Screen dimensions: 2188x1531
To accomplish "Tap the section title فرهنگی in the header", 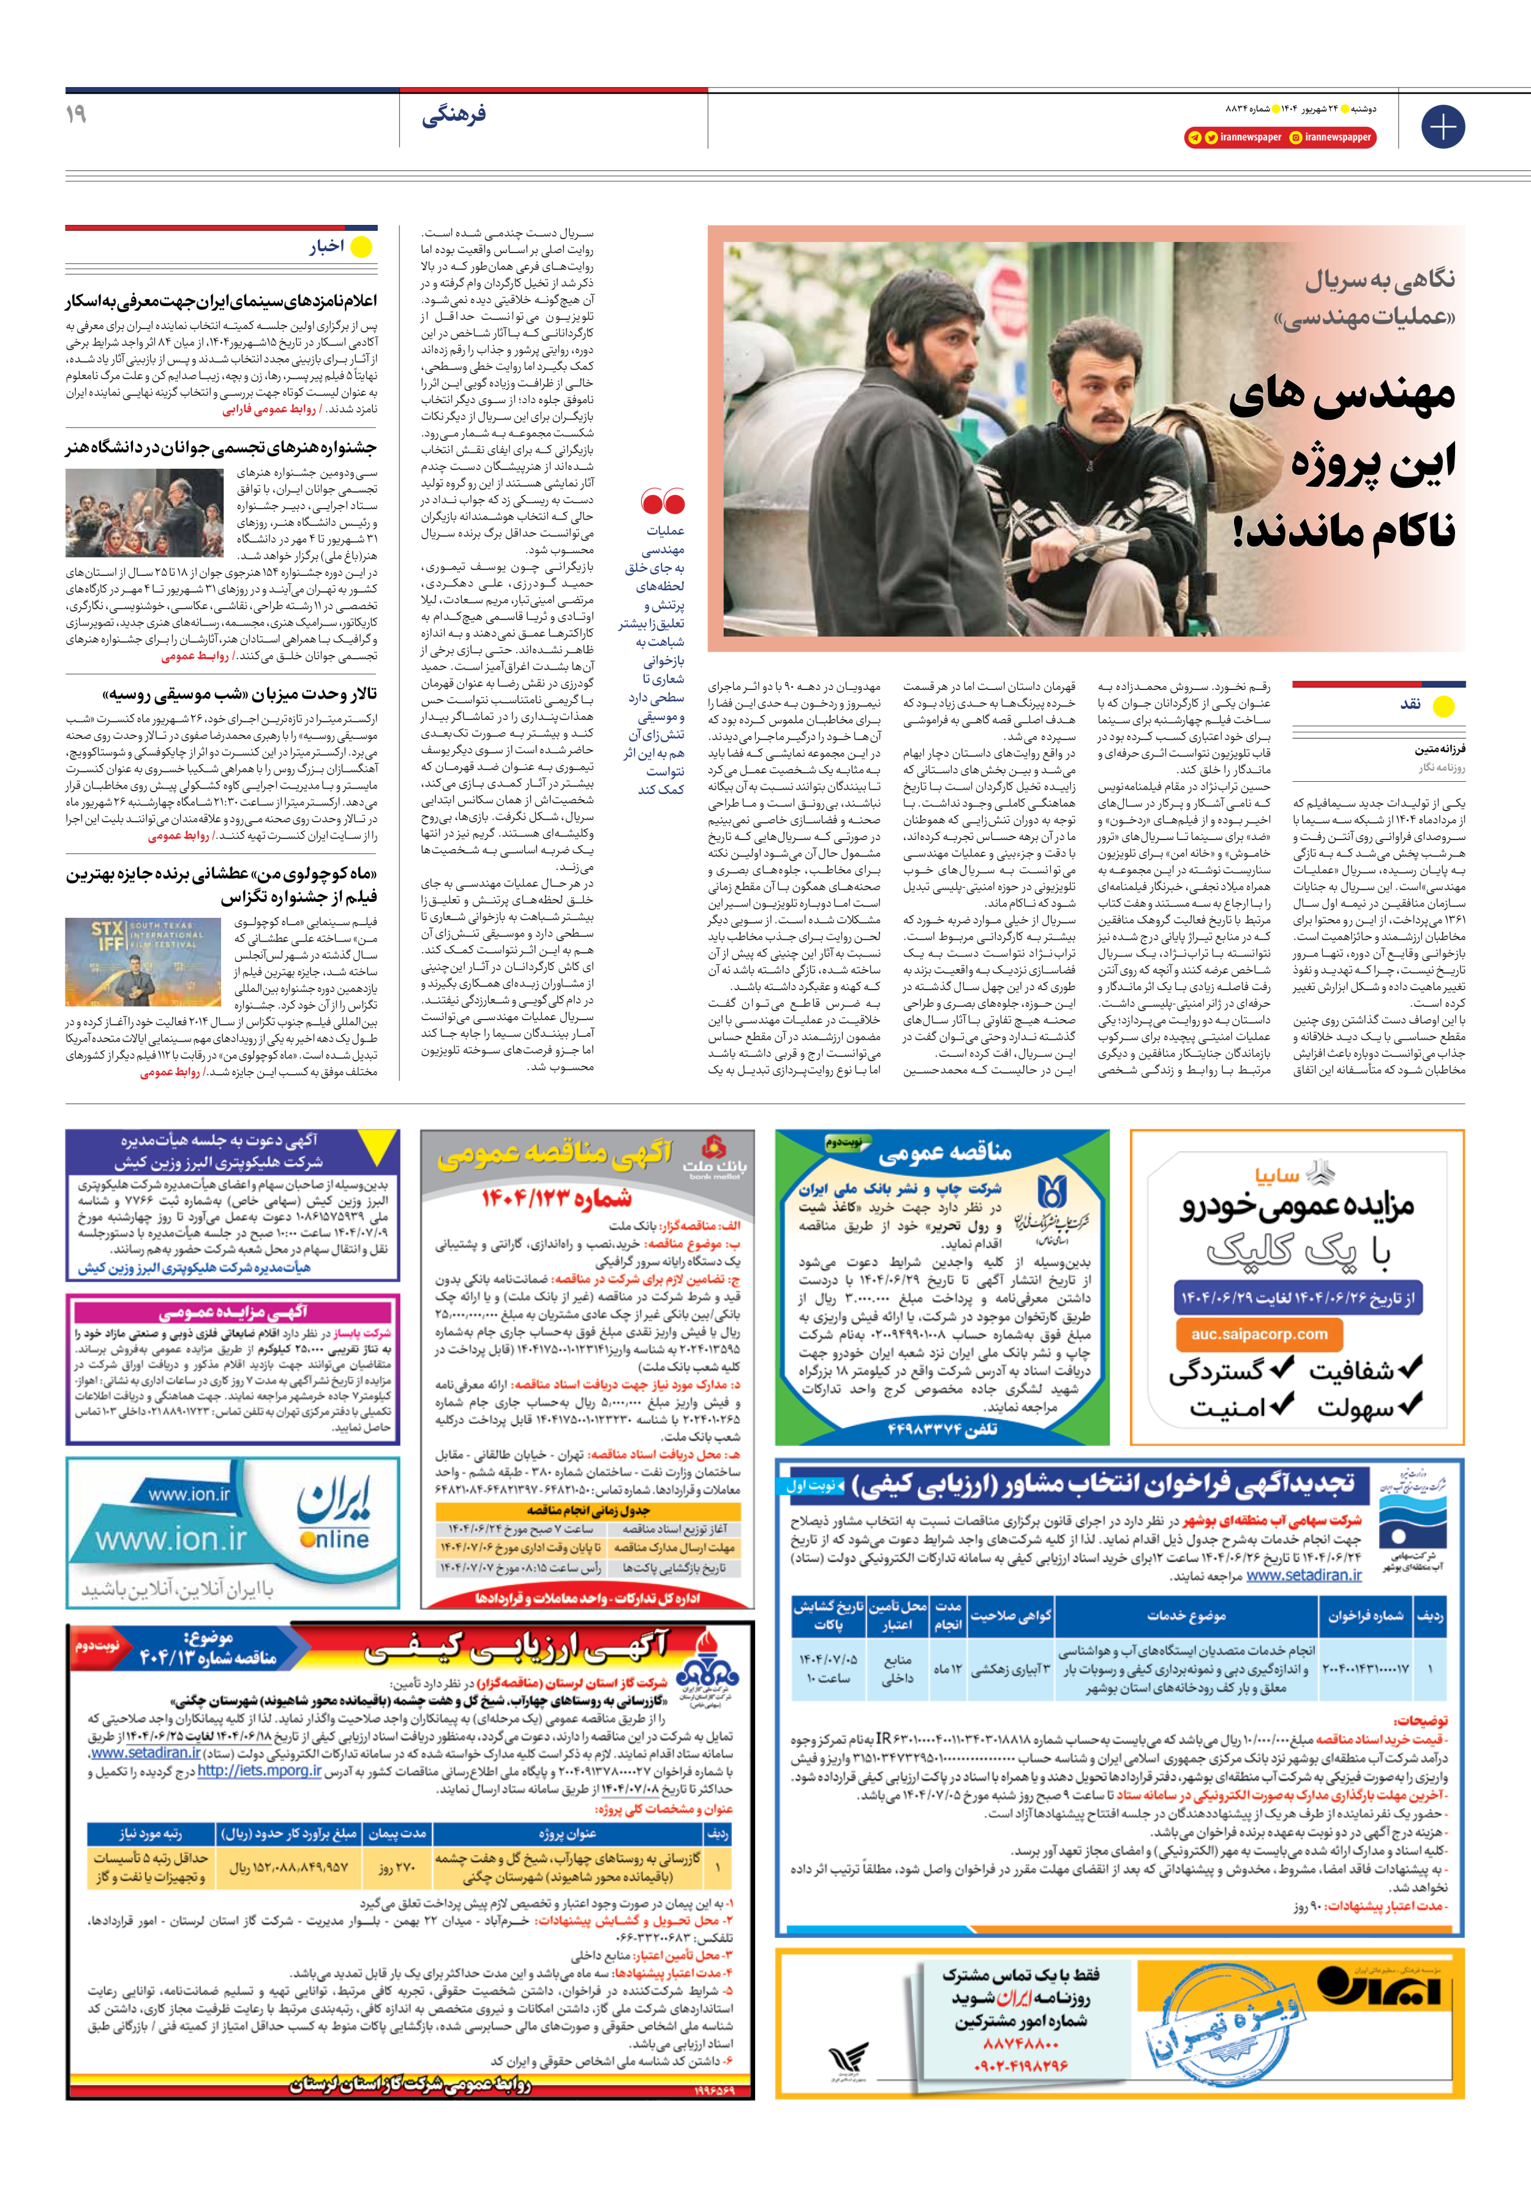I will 454,115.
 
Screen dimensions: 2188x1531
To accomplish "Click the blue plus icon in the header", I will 1442,127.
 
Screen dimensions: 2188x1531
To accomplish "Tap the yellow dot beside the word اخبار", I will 362,248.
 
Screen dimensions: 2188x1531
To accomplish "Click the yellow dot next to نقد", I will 1444,706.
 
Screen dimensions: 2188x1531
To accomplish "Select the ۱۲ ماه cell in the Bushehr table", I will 948,1670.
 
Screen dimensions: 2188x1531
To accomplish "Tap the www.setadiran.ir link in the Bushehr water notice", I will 1303,1575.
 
